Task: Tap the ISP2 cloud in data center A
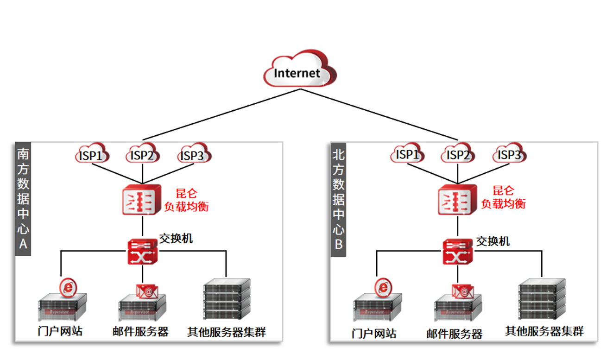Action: coord(142,154)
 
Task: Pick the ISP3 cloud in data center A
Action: coord(192,154)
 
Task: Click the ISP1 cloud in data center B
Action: coord(407,154)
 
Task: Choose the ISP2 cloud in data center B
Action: coord(458,154)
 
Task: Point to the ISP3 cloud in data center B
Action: coord(509,154)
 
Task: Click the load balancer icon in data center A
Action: coord(142,200)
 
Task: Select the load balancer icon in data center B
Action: coord(457,200)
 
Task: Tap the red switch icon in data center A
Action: coord(143,252)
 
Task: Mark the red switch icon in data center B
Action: coord(458,252)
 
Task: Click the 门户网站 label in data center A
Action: coord(60,331)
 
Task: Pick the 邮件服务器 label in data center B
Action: coord(454,334)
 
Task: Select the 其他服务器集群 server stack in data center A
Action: coord(227,299)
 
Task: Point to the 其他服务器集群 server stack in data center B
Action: coord(542,299)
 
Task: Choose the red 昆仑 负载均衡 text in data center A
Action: coord(186,200)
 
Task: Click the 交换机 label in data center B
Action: coord(493,241)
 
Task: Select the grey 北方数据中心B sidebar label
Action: coord(339,199)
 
